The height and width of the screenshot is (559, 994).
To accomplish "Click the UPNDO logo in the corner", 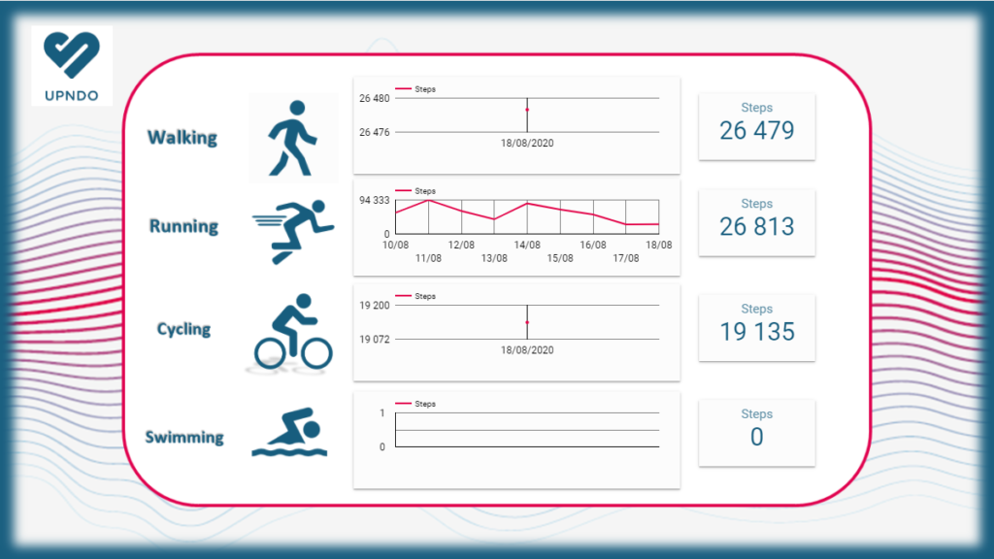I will pos(71,64).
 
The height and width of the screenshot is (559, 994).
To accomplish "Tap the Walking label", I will pos(182,137).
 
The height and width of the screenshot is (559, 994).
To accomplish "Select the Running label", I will pos(183,226).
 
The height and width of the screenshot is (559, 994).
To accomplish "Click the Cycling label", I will pos(183,329).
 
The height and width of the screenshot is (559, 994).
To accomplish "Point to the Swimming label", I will pos(184,437).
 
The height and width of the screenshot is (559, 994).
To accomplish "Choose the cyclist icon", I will pos(292,331).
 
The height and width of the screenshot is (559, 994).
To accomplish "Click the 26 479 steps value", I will pos(756,130).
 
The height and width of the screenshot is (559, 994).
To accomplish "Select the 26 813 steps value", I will pos(756,226).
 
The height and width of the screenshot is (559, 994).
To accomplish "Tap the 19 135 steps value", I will pos(756,331).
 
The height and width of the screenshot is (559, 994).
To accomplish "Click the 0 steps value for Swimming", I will pos(756,437).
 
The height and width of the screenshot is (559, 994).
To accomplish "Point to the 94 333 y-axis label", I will pos(374,201).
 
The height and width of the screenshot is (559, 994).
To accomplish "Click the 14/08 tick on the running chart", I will pos(527,246).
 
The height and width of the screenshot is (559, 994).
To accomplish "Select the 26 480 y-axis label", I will pos(374,98).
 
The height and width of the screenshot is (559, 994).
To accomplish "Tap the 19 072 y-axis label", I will pos(374,340).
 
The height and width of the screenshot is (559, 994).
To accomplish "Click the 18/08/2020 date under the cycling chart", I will pos(527,350).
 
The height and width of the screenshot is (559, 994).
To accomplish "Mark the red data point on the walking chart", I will pos(527,110).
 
